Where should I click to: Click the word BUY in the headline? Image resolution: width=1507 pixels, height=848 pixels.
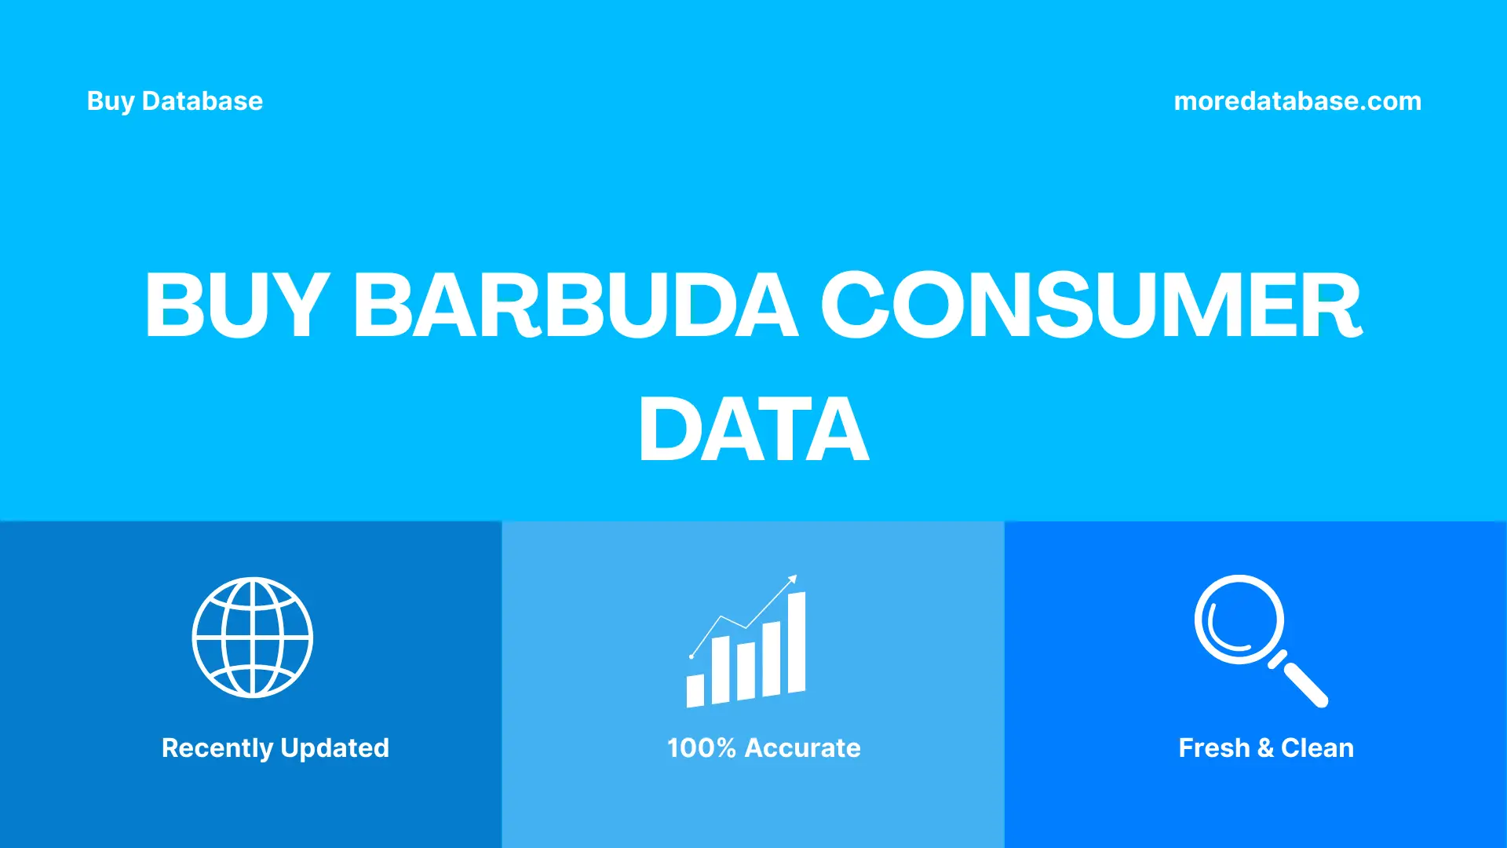235,305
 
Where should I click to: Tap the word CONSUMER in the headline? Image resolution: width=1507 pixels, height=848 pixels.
1091,305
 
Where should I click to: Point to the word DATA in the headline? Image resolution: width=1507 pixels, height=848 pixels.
753,429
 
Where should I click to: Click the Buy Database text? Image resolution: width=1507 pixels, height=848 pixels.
174,101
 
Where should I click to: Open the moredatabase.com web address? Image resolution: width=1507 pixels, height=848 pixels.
1297,101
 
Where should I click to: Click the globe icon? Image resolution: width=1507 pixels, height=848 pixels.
253,638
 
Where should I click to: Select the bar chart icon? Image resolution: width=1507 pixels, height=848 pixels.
746,652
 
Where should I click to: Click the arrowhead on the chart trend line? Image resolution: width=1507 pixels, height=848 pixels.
793,579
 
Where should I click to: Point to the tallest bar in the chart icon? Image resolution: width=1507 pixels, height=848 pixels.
797,642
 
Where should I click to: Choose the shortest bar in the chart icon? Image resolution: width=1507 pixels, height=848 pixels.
695,691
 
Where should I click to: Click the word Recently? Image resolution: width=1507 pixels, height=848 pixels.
217,748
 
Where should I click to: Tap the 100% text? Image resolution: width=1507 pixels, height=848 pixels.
701,748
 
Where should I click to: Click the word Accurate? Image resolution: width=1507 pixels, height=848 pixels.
802,748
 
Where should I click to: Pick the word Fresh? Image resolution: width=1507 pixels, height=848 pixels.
1213,748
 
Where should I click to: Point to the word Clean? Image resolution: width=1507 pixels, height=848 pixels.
1317,748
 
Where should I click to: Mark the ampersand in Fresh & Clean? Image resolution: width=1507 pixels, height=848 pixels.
1265,748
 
